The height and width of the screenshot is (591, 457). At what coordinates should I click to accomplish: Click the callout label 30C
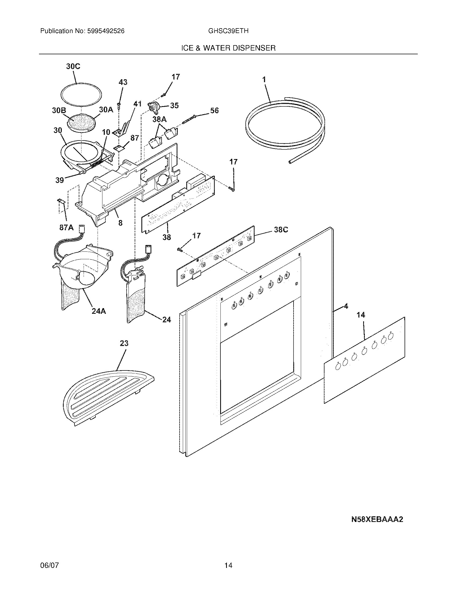(73, 67)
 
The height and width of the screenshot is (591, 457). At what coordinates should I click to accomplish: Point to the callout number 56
(214, 110)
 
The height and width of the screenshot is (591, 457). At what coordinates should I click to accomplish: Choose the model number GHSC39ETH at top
(228, 31)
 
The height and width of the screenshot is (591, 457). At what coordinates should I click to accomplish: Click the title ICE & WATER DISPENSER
(228, 48)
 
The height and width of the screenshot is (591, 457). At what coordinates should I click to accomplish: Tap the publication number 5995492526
(106, 31)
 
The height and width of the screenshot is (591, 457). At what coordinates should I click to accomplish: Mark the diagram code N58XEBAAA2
(377, 519)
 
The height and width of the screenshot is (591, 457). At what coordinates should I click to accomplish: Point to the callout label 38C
(281, 230)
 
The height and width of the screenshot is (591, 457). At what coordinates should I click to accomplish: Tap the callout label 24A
(99, 311)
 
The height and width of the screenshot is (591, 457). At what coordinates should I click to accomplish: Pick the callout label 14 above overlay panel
(360, 315)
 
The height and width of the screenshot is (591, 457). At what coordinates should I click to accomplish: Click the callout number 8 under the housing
(120, 223)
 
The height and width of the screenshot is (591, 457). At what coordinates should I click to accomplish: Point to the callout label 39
(60, 180)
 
